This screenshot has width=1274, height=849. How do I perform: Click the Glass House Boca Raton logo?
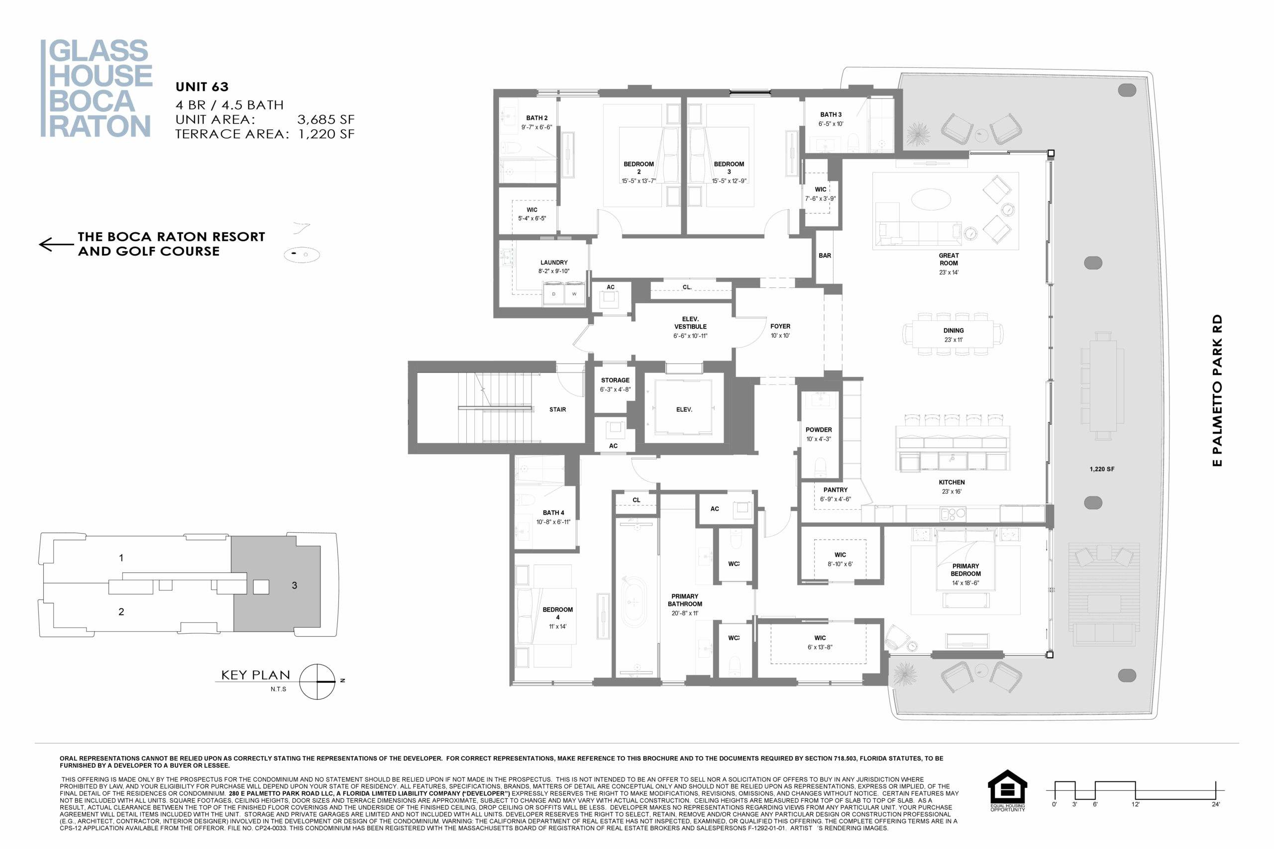tap(97, 88)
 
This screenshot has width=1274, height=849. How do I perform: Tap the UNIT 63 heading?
tap(202, 87)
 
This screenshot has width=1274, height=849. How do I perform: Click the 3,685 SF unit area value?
tap(325, 119)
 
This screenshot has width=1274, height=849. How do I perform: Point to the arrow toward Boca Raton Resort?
tap(56, 245)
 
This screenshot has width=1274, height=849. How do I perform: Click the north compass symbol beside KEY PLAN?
tap(318, 681)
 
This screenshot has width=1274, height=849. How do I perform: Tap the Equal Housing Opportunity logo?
tap(1007, 790)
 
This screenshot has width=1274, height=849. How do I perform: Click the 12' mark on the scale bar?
tap(1135, 804)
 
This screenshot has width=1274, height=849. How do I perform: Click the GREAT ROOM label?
tap(949, 259)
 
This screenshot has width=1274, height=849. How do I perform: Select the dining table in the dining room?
tap(953, 334)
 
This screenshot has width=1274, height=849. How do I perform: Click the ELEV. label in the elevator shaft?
tap(684, 409)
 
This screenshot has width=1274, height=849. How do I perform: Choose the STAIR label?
tap(557, 409)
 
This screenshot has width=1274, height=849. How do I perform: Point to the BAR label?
tap(825, 256)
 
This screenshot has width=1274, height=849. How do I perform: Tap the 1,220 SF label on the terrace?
tap(1102, 469)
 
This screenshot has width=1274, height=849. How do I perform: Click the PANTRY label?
tap(835, 489)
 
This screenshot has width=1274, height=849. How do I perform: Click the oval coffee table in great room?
tap(931, 199)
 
